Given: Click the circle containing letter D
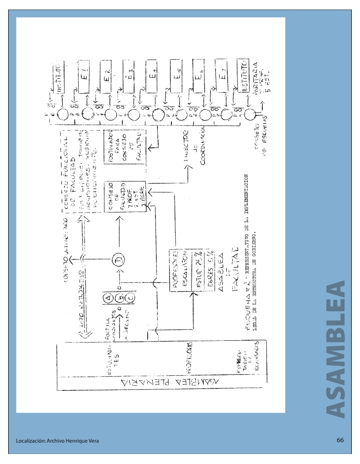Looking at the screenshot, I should coord(120,260).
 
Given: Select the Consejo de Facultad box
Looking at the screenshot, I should coord(116,196).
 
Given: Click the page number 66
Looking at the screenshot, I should coord(340,440).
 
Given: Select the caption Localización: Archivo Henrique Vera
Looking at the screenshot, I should coord(56,441).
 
